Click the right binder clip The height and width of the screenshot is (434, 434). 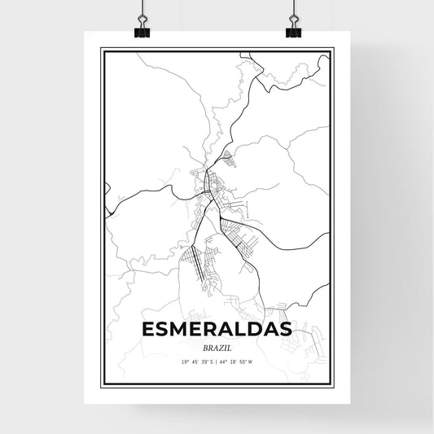point(292,25)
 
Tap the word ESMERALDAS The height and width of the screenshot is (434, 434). point(217,330)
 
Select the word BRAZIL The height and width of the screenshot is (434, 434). point(217,347)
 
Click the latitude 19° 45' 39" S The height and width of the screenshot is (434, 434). point(192,361)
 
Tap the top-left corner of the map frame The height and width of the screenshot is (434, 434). point(102,50)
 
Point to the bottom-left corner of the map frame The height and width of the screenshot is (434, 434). point(102,384)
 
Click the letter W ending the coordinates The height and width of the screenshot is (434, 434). point(261,361)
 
